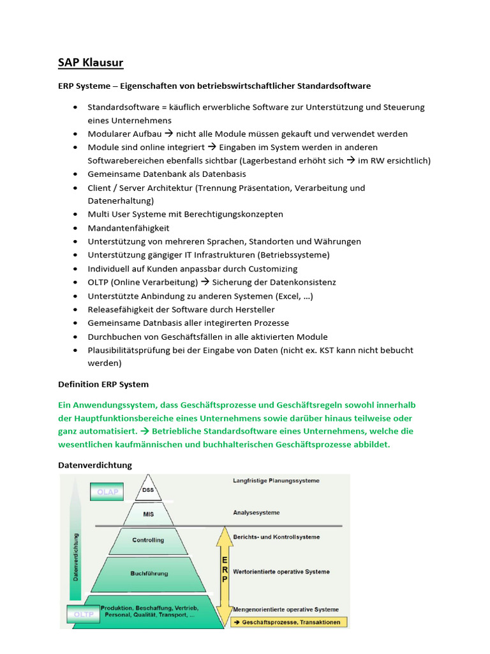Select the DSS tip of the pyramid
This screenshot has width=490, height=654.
pyautogui.click(x=148, y=490)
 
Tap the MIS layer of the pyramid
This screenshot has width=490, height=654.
pyautogui.click(x=148, y=513)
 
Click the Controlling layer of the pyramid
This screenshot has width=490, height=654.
pyautogui.click(x=148, y=540)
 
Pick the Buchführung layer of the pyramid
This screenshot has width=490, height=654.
pyautogui.click(x=149, y=574)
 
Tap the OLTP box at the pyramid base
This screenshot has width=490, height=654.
pyautogui.click(x=80, y=615)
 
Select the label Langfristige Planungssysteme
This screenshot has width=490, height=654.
pyautogui.click(x=276, y=480)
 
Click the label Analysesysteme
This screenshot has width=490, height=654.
pyautogui.click(x=256, y=512)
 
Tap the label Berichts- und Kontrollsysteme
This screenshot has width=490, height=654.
pyautogui.click(x=276, y=536)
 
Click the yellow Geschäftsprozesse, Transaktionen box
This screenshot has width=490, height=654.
pyautogui.click(x=288, y=621)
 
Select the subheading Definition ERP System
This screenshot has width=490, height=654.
pyautogui.click(x=103, y=384)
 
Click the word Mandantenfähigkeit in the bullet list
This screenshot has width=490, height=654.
pyautogui.click(x=128, y=228)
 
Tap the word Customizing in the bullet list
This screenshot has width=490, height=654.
pyautogui.click(x=273, y=269)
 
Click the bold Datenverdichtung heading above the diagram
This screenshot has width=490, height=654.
pyautogui.click(x=95, y=465)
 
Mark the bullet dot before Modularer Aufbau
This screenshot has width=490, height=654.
pyautogui.click(x=76, y=134)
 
